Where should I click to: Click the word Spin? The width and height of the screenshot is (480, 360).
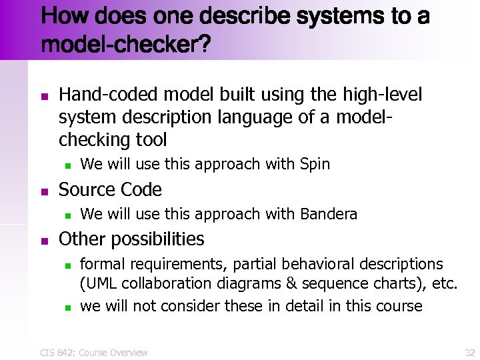[x=315, y=164]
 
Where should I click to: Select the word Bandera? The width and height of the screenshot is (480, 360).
[x=329, y=214]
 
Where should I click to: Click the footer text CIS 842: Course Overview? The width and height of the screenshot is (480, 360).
[x=93, y=352]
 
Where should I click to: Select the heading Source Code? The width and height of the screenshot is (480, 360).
[x=110, y=190]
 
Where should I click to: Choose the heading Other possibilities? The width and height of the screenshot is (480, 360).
[x=131, y=239]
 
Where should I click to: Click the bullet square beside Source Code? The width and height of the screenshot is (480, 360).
[x=44, y=191]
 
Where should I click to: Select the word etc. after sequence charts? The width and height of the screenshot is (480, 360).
[x=443, y=284]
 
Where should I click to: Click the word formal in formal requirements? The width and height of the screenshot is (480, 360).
[x=102, y=264]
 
